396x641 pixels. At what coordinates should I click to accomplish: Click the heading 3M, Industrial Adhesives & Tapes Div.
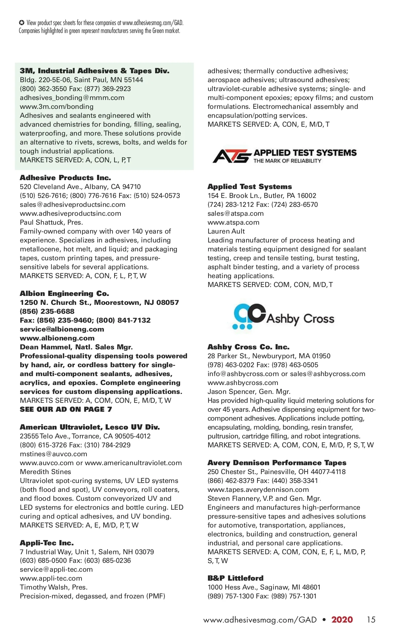(94, 71)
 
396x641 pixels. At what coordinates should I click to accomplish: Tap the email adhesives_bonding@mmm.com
(72, 98)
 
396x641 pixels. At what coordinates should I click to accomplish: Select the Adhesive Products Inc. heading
(65, 178)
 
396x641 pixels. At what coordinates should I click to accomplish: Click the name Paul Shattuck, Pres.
(51, 222)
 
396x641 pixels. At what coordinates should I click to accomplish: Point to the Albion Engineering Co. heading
(64, 294)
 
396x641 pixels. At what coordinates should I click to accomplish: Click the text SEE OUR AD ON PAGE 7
(66, 409)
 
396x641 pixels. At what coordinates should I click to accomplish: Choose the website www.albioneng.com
(57, 338)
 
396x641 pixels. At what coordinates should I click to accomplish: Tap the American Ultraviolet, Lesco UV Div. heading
(90, 427)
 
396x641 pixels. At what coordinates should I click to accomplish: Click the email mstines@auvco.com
(53, 454)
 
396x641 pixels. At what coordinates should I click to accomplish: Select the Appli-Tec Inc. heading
(47, 543)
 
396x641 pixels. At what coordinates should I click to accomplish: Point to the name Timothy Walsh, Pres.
(53, 587)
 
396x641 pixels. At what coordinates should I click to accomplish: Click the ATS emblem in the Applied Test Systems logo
(231, 156)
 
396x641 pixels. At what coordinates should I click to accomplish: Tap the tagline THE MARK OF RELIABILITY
(287, 161)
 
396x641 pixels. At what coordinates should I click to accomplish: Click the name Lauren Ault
(226, 231)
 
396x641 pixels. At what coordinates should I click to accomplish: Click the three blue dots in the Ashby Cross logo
(242, 327)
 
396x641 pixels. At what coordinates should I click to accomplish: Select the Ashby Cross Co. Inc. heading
(248, 347)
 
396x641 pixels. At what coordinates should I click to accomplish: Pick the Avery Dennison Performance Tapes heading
(277, 463)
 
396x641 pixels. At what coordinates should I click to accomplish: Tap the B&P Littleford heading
(236, 578)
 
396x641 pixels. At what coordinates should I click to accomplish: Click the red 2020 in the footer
(342, 620)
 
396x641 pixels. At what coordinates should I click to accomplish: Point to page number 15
(371, 620)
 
